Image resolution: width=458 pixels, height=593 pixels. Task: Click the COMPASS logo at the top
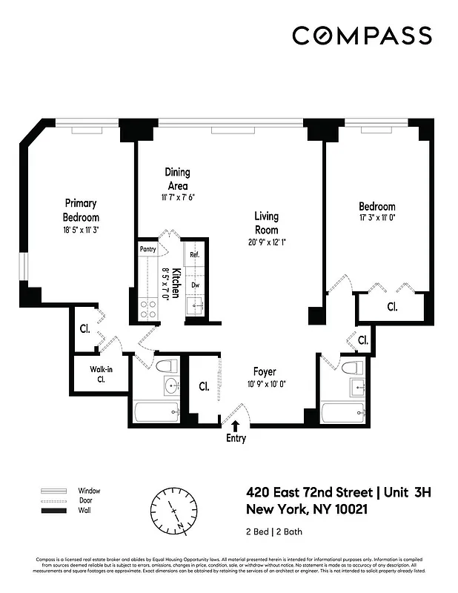[362, 35]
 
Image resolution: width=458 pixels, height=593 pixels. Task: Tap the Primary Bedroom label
[82, 210]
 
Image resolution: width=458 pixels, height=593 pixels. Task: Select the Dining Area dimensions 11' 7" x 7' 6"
[177, 197]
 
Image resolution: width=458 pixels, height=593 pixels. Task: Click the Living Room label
[267, 222]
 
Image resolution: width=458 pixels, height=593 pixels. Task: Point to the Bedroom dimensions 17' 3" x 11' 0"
[377, 218]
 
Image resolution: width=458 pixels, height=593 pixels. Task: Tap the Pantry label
[148, 250]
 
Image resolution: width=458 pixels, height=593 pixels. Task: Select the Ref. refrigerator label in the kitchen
[195, 255]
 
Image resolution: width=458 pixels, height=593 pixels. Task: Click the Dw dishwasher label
[195, 284]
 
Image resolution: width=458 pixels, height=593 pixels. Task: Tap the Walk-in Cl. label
[99, 373]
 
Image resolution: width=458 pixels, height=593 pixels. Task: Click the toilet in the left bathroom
[167, 365]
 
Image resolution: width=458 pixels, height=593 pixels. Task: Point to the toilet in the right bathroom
[354, 367]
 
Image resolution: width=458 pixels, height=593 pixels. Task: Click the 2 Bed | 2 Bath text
[274, 531]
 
